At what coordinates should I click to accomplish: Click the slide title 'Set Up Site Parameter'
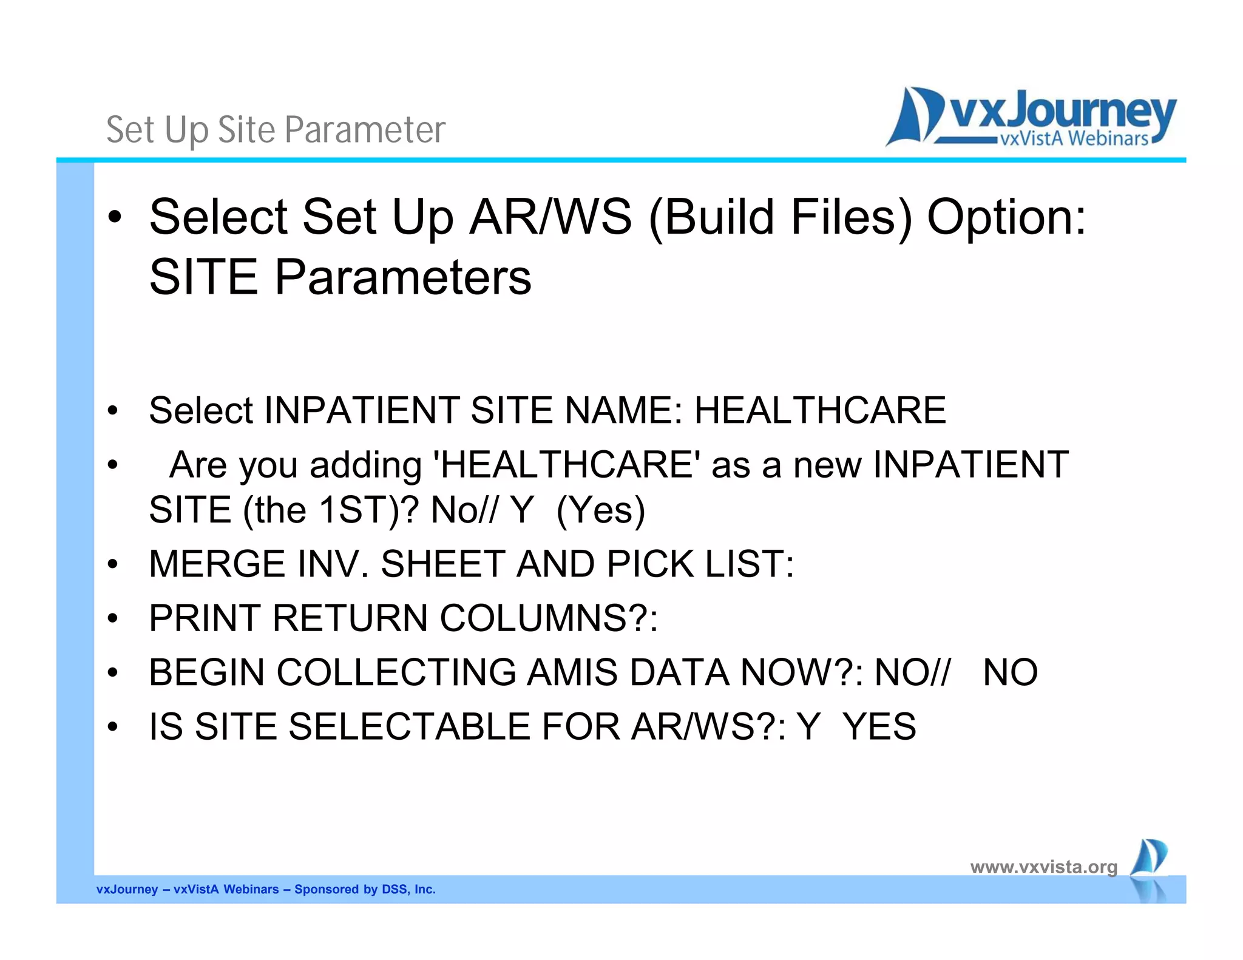click(x=276, y=130)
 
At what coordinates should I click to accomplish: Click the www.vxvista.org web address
click(x=1043, y=867)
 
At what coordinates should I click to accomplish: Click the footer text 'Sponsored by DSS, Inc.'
click(x=365, y=890)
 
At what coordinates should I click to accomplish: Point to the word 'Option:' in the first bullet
click(x=1006, y=217)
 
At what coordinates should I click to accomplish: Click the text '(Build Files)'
click(x=781, y=217)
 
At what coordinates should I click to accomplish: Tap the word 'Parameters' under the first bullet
click(x=402, y=277)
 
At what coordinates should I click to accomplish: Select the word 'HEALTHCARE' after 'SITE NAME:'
click(x=819, y=410)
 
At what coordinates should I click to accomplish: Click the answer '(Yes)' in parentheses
click(x=600, y=510)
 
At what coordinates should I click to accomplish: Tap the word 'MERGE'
click(x=217, y=564)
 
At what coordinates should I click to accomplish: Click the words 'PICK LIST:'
click(x=700, y=564)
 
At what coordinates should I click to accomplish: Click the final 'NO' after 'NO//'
click(x=1010, y=672)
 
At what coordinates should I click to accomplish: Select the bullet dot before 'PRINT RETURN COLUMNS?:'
click(x=113, y=619)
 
